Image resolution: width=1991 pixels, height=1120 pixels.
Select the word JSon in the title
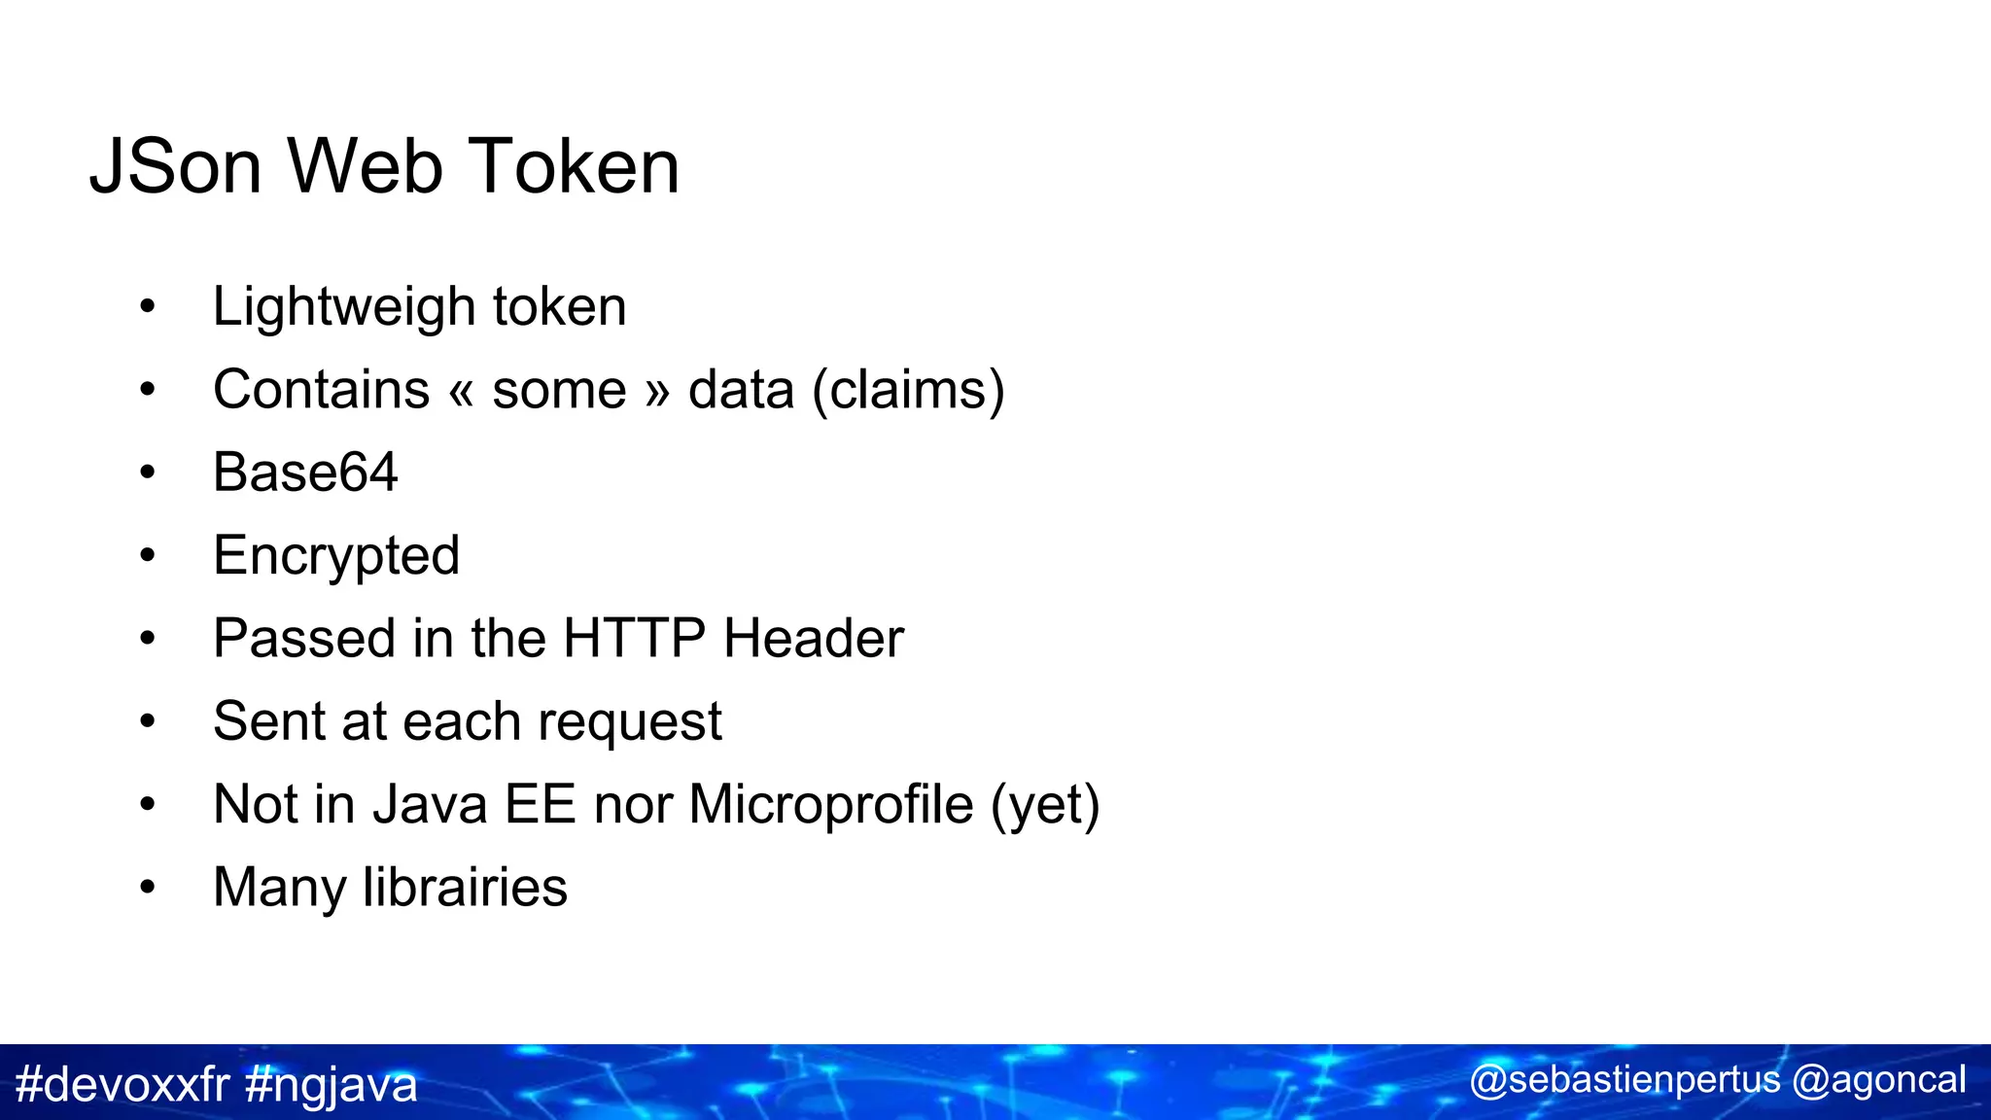tap(176, 166)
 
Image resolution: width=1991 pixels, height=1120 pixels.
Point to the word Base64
tap(305, 472)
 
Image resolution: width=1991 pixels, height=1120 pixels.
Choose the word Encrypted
tap(336, 556)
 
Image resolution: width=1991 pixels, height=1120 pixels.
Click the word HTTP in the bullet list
tap(634, 639)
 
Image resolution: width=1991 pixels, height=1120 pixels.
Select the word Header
tap(814, 639)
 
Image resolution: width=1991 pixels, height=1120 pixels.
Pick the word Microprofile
tap(831, 805)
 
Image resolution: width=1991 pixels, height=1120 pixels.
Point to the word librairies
tap(465, 888)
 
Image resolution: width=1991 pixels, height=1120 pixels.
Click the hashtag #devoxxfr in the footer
tap(122, 1084)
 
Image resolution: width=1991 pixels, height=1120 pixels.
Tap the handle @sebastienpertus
tap(1624, 1080)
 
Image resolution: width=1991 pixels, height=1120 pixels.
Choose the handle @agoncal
tap(1878, 1081)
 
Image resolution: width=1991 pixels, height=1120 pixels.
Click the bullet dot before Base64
tap(147, 473)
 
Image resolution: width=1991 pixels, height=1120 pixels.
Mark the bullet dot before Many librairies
tap(147, 888)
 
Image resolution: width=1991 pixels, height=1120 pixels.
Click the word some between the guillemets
tap(559, 391)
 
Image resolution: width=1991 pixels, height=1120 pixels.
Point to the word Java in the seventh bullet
tap(430, 805)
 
